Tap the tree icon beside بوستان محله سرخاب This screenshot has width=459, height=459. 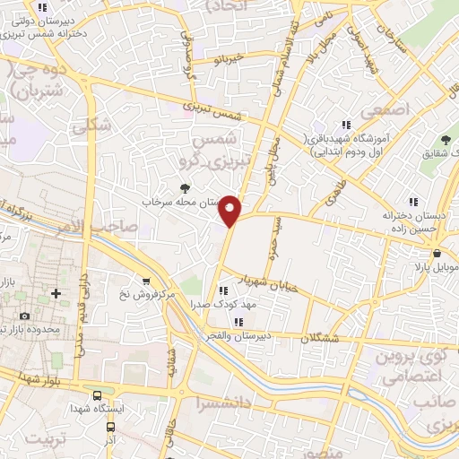click(x=185, y=188)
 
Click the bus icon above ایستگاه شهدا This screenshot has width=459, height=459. click(x=97, y=394)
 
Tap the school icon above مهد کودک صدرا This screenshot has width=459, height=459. click(x=219, y=290)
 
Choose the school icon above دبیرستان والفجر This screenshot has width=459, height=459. click(x=238, y=322)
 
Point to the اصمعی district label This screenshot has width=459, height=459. click(x=386, y=108)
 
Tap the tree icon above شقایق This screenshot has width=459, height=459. click(x=442, y=138)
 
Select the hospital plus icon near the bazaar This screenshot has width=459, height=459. click(x=56, y=293)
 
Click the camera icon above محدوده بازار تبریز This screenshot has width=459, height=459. click(x=24, y=316)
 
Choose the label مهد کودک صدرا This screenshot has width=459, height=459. click(x=217, y=305)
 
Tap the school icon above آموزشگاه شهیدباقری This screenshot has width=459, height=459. click(x=345, y=126)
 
